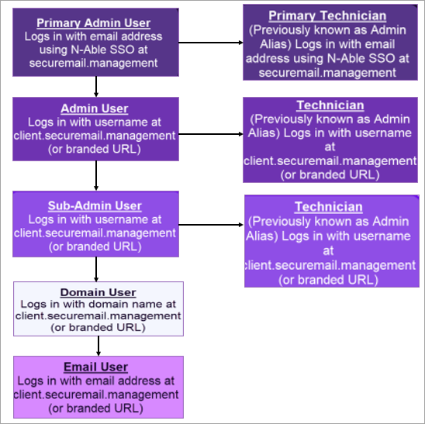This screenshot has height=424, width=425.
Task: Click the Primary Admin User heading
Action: tap(94, 23)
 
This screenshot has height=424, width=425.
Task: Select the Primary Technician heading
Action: tap(327, 16)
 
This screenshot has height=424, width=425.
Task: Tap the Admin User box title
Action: tap(95, 109)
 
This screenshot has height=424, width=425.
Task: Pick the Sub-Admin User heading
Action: tap(95, 206)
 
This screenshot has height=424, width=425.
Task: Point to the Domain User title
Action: tap(98, 292)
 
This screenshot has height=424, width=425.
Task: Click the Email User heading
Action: tap(95, 367)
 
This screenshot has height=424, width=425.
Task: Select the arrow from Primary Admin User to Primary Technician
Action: tap(211, 43)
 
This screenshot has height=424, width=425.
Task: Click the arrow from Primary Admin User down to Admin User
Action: tap(96, 86)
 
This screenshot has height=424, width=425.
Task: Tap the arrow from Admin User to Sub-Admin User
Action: tap(96, 176)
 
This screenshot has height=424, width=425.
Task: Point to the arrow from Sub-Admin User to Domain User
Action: tap(96, 269)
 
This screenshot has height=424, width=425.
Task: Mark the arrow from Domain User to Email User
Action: tap(98, 346)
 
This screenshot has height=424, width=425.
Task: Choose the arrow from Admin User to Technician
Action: tap(211, 134)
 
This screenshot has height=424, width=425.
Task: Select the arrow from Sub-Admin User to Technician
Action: tap(211, 225)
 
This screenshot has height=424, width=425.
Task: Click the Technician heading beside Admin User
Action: tap(330, 105)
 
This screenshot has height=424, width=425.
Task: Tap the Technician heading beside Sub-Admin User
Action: tap(329, 207)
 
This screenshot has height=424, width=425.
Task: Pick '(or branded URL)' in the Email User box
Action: tap(95, 408)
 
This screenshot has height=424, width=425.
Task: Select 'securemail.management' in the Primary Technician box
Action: tap(327, 73)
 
